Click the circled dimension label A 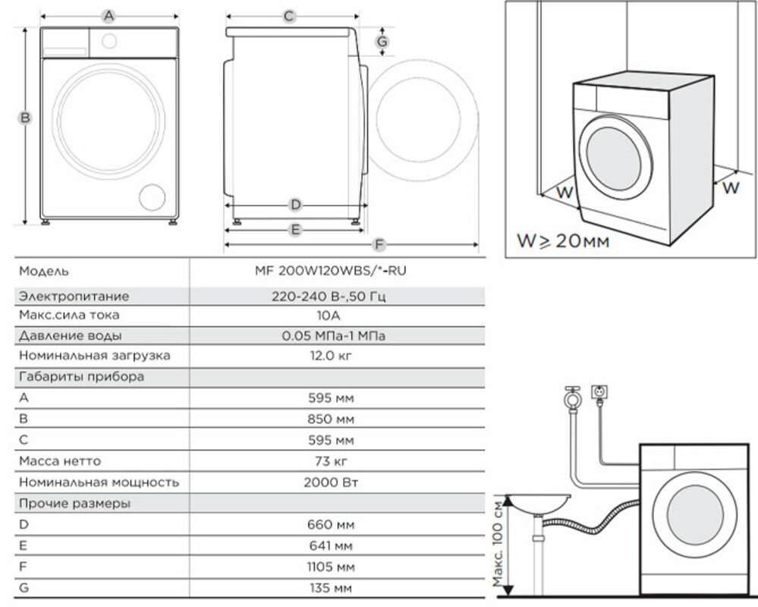click(x=109, y=17)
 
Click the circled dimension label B click(x=24, y=118)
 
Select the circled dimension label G click(x=382, y=42)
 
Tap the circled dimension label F click(x=379, y=245)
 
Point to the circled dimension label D click(x=295, y=205)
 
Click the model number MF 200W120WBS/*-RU click(x=331, y=271)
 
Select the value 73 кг click(x=331, y=461)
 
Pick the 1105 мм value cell click(x=331, y=566)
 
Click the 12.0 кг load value click(x=331, y=356)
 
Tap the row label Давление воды click(x=71, y=335)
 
